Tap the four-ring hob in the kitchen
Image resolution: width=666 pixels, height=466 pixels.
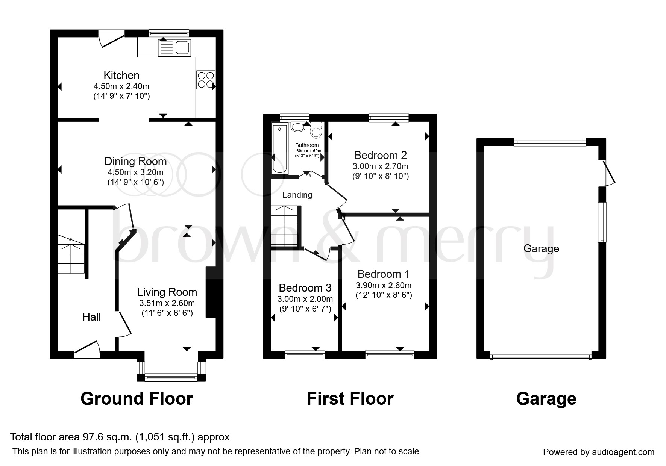(206, 80)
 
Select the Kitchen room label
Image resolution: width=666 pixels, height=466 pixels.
(121, 75)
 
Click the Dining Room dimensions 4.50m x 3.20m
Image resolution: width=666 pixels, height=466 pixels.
(135, 172)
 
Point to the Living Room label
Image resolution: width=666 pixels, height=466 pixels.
(167, 292)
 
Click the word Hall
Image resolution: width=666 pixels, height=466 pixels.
(92, 317)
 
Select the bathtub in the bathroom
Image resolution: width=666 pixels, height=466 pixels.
(279, 150)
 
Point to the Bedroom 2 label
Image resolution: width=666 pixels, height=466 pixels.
(381, 155)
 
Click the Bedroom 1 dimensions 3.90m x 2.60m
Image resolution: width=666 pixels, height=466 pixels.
(384, 286)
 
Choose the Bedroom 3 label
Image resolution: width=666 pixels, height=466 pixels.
(305, 288)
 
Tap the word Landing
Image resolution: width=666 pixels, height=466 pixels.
(297, 195)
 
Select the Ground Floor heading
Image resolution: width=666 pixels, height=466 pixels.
(137, 399)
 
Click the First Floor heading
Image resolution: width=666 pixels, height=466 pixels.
(350, 399)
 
